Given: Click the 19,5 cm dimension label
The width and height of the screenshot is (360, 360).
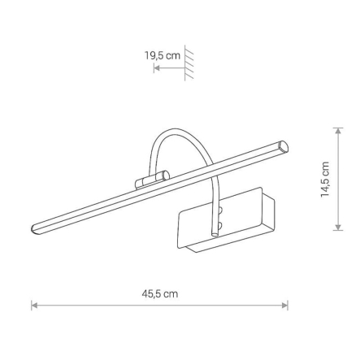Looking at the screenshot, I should pos(162,55).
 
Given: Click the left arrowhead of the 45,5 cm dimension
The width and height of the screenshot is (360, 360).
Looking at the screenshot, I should pos(33,306).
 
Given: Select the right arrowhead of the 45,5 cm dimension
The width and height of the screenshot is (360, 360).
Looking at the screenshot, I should pos(286,306).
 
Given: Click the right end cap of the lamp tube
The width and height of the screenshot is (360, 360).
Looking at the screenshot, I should pos(284,146).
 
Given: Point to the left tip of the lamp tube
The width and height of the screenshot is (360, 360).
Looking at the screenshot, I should pos(34,228).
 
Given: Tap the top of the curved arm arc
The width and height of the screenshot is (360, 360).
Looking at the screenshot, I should pos(175,129).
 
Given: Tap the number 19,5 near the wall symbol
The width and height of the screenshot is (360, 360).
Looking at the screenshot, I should pos(154,55).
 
